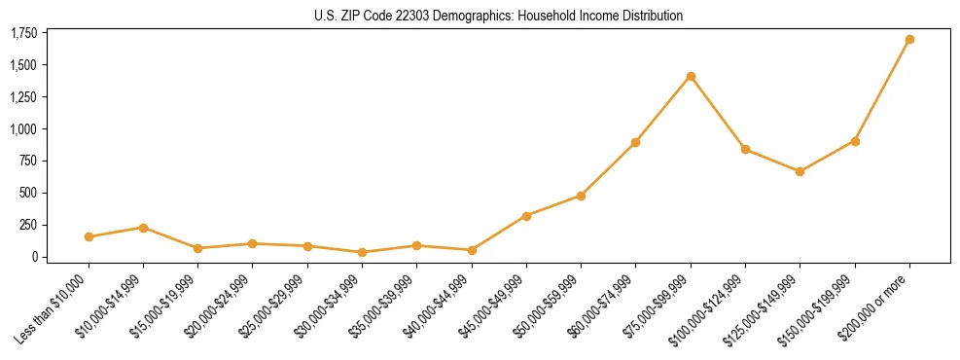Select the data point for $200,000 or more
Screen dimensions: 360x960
[909, 40]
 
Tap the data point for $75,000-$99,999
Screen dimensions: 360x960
[691, 76]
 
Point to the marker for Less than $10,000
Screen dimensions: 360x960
[89, 236]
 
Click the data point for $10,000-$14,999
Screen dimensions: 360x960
[143, 228]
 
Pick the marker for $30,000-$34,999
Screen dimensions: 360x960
[362, 252]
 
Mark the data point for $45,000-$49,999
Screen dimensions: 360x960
[526, 216]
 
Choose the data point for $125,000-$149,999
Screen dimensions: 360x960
[800, 171]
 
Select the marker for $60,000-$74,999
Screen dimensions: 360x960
[635, 142]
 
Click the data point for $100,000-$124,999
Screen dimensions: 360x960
[745, 149]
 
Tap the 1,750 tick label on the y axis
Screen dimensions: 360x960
[24, 34]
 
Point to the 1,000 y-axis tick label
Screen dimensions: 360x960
[24, 129]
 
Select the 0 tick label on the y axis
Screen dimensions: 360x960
[34, 257]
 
